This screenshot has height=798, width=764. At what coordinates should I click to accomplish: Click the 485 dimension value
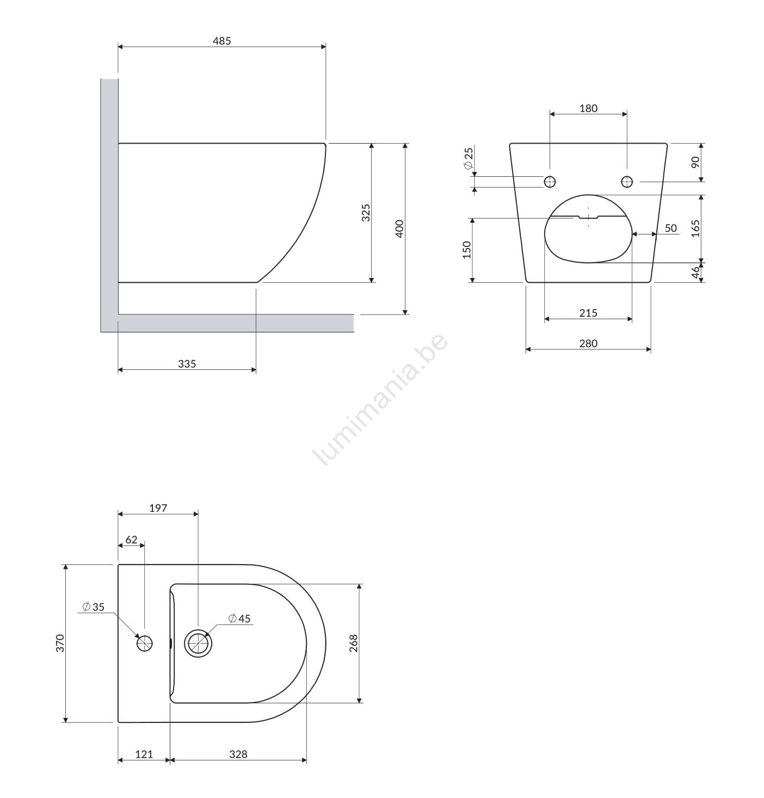tap(221, 41)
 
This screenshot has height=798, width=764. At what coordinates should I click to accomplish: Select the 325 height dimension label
tap(366, 213)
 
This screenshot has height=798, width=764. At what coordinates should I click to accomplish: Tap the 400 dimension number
tap(399, 229)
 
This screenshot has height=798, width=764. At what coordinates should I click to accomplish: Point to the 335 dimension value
tap(187, 364)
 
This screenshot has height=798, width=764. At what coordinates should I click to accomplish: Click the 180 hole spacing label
tap(588, 108)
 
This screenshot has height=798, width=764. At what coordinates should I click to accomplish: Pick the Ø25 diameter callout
tap(468, 158)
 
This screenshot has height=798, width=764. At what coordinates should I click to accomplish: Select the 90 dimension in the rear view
tap(695, 162)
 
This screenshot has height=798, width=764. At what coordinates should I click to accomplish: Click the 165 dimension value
tap(695, 228)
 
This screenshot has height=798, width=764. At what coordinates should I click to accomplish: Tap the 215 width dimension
tap(588, 313)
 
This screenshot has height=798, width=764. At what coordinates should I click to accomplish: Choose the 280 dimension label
tap(588, 343)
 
